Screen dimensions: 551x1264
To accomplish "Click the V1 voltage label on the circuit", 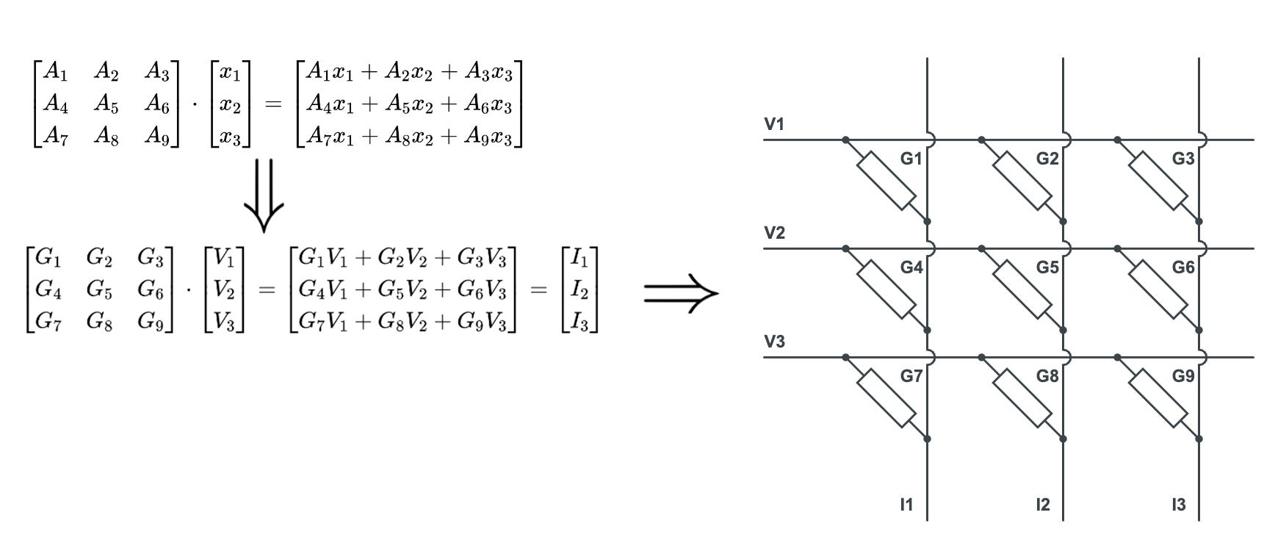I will coord(774,124).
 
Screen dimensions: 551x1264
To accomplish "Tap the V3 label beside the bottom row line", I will coord(774,342).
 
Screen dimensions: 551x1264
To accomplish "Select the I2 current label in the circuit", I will coord(1042,505).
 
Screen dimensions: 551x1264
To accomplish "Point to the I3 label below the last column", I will coord(1178,505).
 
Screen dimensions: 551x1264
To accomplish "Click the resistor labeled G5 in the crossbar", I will coord(1022,289).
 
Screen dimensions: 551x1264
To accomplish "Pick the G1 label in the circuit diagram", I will coord(911,159).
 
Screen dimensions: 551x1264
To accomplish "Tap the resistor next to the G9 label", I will coord(1158,398).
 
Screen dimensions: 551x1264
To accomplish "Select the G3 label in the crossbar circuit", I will coord(1182,159).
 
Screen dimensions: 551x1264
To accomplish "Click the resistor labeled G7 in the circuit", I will coord(886,398).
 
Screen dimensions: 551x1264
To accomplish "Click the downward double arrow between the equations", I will coord(263,195).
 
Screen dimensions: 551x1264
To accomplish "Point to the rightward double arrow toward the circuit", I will coord(681,293).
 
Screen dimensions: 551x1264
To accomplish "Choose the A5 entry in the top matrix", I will coord(106,104).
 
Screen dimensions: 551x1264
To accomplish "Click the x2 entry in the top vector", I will coord(230,105).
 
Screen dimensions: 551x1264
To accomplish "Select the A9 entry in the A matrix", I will coord(156,136).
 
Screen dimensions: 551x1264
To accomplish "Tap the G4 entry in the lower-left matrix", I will coord(48,290).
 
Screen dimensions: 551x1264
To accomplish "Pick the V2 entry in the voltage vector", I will coord(223,290).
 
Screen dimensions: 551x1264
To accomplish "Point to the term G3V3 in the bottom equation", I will coord(481,258).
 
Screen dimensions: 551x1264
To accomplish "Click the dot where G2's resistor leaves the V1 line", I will coord(981,140).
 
